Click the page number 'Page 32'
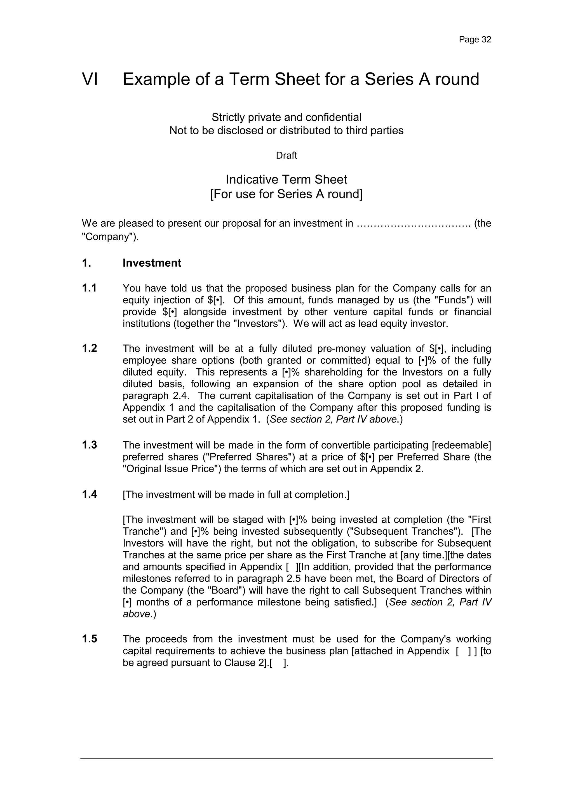475,39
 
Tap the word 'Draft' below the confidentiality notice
286,156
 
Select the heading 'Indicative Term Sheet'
286,180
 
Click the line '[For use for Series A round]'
286,194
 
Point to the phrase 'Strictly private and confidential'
286,117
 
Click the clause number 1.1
89,288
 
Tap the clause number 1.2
89,349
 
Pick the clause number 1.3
89,445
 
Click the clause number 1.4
89,495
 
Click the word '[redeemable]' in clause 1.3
461,445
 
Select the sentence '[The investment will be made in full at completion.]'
236,495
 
